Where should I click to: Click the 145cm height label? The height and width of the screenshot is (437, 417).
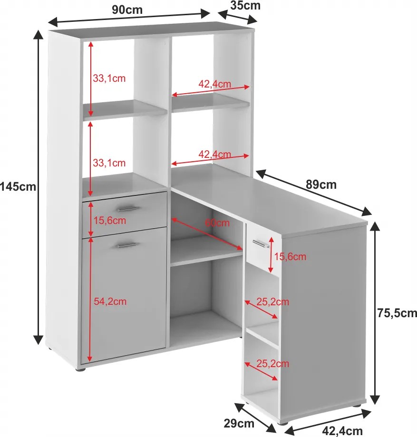(x=18, y=186)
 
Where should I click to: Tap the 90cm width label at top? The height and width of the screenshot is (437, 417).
(x=127, y=10)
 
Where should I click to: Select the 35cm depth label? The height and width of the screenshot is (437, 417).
(x=245, y=6)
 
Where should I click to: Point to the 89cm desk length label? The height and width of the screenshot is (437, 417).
(x=321, y=185)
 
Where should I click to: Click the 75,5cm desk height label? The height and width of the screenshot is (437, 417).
(x=397, y=313)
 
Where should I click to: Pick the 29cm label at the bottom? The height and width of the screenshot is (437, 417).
(x=239, y=423)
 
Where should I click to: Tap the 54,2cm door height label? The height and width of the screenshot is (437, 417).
(x=110, y=301)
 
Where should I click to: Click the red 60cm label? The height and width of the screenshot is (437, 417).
(x=217, y=223)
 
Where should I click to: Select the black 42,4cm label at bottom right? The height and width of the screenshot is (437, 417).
(x=342, y=431)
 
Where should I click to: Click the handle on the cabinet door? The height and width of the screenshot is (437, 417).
(x=127, y=245)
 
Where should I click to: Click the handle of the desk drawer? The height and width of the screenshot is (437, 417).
(x=261, y=243)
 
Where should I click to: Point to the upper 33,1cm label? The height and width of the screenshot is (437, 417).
(x=109, y=78)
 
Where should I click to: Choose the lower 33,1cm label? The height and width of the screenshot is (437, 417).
(x=109, y=163)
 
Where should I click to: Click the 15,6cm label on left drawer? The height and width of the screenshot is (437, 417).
(x=109, y=221)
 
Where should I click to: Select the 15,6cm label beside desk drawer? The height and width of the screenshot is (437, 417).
(x=290, y=256)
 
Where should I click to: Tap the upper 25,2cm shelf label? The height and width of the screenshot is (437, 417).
(x=272, y=301)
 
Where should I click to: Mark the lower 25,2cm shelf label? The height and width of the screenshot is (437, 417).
(x=272, y=363)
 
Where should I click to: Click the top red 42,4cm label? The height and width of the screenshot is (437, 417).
(x=214, y=84)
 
